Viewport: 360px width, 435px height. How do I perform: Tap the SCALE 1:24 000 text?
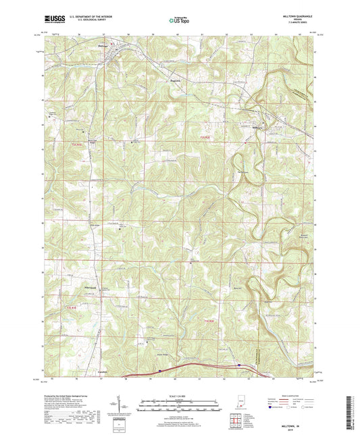tap(180, 396)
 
